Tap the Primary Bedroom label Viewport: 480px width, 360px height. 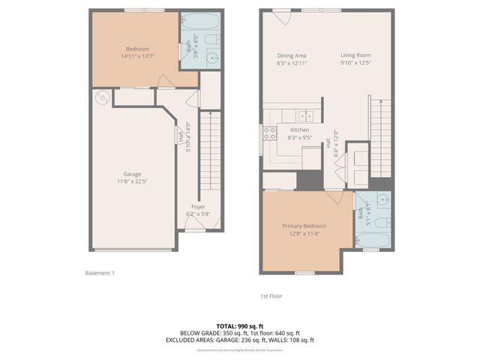(304, 226)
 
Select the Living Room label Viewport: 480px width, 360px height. (356, 55)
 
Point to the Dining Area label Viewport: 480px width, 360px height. (292, 55)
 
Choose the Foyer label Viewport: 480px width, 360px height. (198, 206)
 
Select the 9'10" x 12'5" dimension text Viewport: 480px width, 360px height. (356, 63)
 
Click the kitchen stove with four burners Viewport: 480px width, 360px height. (269, 136)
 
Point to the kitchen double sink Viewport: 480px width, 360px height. (305, 115)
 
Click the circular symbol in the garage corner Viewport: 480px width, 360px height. (102, 96)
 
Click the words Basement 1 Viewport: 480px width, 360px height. (100, 273)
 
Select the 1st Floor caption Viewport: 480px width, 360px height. (271, 295)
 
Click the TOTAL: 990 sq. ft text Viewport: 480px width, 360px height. (239, 326)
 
